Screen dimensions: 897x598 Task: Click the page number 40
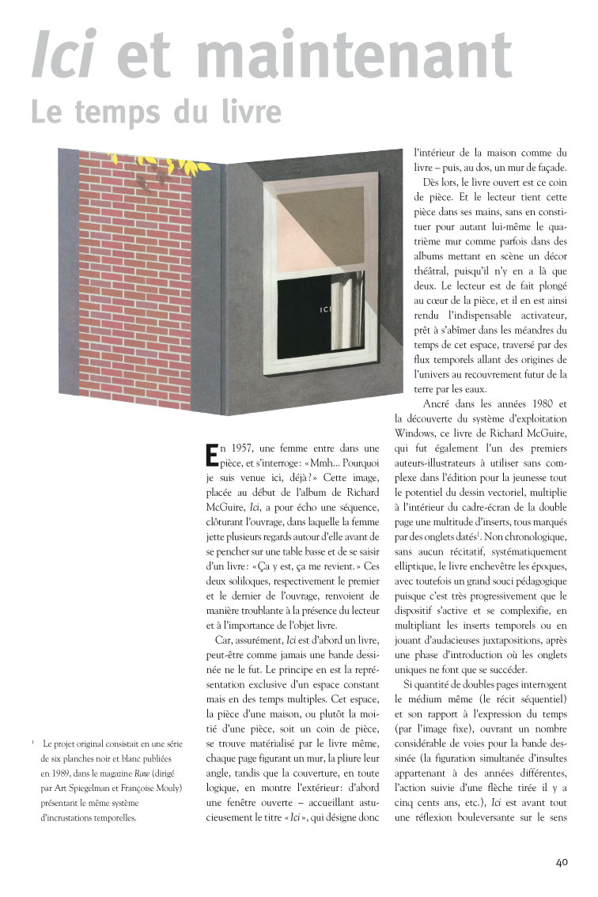pos(562,861)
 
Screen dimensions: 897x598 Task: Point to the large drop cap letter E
pos(211,456)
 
